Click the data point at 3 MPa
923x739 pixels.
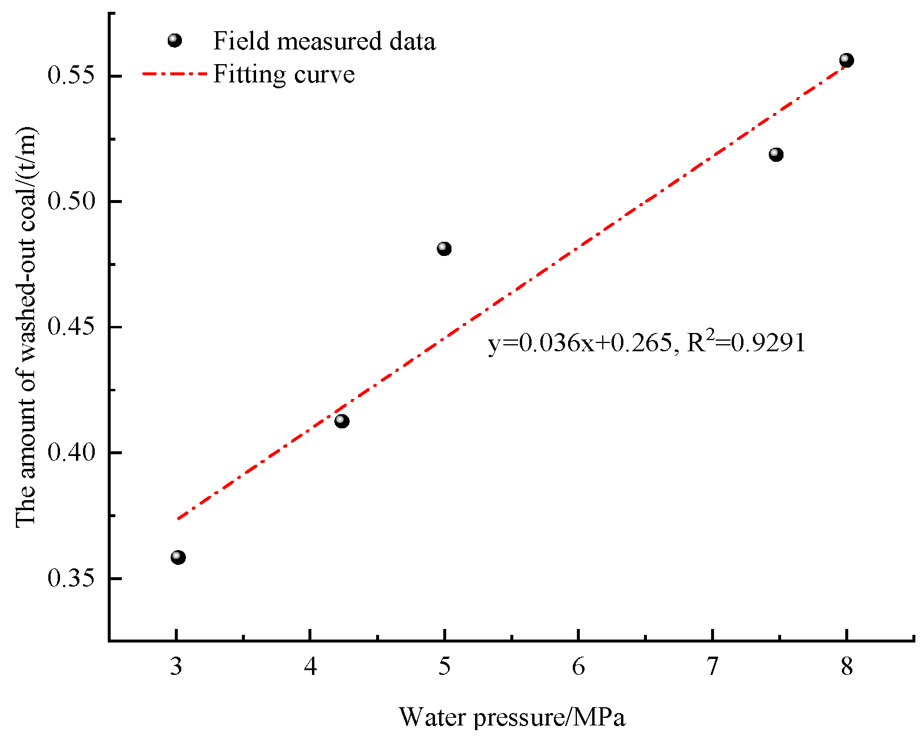[178, 557]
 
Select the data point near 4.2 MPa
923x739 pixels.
[342, 421]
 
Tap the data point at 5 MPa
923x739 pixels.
[444, 249]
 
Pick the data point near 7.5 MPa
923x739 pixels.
[776, 155]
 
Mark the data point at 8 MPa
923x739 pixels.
[846, 60]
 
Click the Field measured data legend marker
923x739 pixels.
[175, 41]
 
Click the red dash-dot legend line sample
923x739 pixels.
[175, 74]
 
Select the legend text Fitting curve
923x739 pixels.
[284, 75]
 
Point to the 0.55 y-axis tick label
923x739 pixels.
[71, 76]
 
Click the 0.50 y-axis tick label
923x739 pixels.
[71, 201]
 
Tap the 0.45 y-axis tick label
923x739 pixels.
[71, 327]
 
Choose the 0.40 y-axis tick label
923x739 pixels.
[71, 452]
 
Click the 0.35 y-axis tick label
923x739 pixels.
[71, 578]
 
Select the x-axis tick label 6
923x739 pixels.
[579, 667]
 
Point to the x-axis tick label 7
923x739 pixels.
[712, 667]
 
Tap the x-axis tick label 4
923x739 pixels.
[310, 667]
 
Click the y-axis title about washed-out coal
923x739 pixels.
[26, 327]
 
